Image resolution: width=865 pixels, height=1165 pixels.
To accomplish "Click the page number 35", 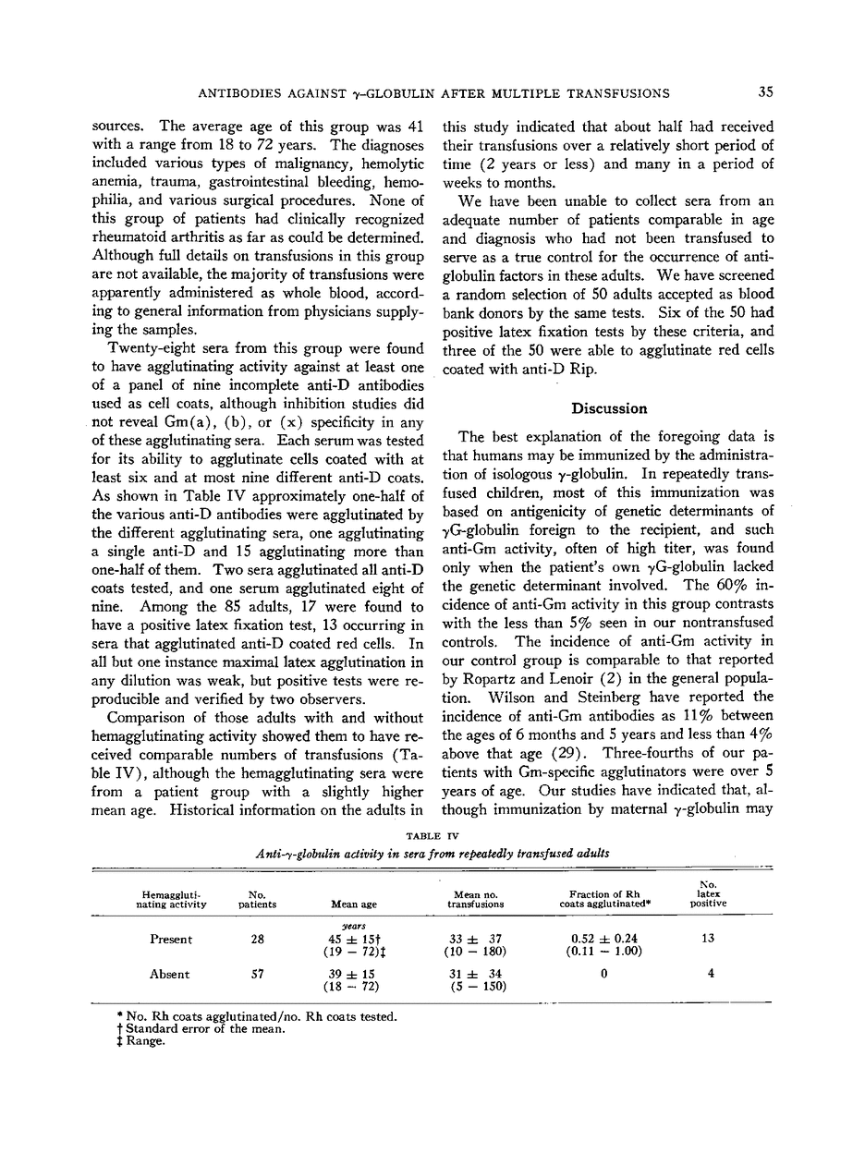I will (x=764, y=92).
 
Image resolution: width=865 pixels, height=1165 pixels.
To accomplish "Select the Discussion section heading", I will (x=609, y=408).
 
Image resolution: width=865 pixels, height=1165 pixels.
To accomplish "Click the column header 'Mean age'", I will (x=352, y=904).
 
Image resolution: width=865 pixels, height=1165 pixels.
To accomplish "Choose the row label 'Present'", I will (x=171, y=940).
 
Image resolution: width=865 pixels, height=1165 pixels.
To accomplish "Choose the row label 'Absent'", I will (x=170, y=974).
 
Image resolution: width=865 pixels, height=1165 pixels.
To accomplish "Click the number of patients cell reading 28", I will (x=257, y=940).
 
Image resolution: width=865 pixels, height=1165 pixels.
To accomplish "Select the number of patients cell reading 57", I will (x=257, y=974).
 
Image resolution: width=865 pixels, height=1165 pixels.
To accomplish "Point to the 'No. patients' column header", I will (x=257, y=899).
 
